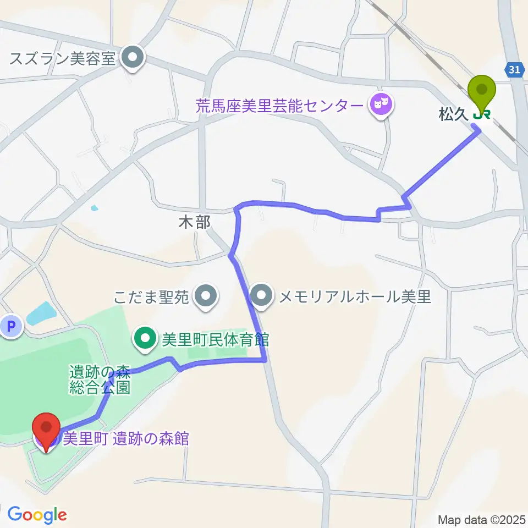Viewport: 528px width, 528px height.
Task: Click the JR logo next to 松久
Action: point(483,114)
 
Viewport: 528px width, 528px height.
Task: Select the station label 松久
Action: point(453,114)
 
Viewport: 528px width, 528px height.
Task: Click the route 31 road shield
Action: point(513,69)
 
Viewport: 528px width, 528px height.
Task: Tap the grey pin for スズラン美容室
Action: point(132,58)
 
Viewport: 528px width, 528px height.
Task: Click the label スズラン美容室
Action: point(63,58)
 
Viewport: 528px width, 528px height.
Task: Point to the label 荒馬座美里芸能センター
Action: point(280,105)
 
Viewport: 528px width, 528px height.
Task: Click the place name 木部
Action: point(195,222)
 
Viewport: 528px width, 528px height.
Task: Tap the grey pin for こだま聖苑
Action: point(206,296)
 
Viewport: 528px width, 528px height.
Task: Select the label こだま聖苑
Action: point(151,298)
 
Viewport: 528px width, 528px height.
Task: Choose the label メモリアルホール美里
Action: point(355,298)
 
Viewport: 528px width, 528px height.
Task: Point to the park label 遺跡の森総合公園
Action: point(99,380)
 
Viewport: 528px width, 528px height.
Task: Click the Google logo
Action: point(37,514)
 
